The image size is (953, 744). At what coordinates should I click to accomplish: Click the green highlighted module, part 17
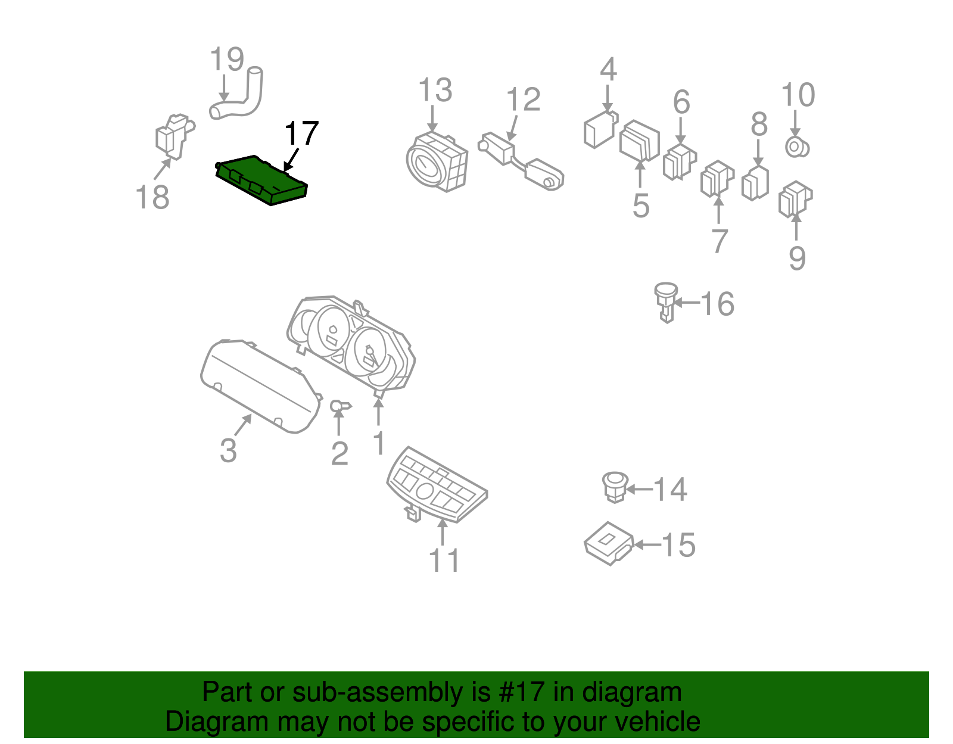coord(262,180)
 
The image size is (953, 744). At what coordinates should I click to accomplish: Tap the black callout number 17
coord(301,133)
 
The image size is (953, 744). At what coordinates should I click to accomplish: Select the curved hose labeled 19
coord(237,94)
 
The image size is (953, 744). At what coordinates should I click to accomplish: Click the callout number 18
coord(152,197)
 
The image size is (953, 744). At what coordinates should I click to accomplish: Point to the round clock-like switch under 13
coord(437,161)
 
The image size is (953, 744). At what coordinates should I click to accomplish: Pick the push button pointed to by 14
coord(615,487)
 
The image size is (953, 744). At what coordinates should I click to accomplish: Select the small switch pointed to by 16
coord(666,302)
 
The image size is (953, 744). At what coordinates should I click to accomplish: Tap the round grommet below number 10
coord(797,147)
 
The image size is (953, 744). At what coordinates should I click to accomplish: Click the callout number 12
coord(523,99)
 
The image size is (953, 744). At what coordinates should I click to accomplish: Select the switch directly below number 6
coord(680,162)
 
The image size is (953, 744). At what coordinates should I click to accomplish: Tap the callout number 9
coord(798,258)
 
